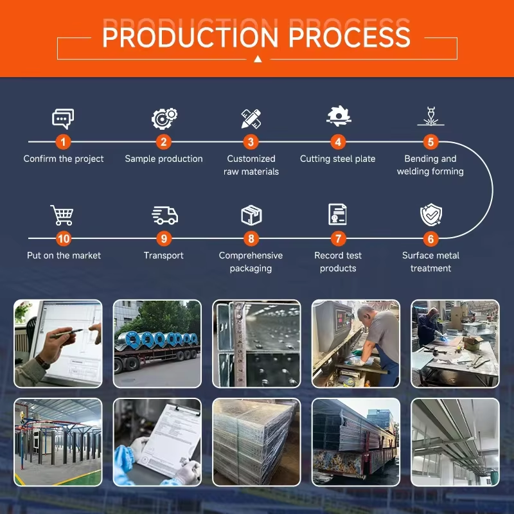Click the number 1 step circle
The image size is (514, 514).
(63, 142)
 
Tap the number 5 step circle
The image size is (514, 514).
(430, 142)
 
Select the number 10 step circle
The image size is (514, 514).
(63, 239)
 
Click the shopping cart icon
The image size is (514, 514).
(62, 215)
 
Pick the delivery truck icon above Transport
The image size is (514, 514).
(164, 215)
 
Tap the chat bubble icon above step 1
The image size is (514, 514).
(63, 119)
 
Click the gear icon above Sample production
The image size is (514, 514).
(164, 118)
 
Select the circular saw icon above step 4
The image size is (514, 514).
(338, 116)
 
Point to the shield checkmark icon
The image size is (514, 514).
(430, 215)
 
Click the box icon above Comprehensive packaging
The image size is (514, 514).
(251, 215)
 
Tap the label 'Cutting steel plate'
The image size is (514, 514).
(338, 159)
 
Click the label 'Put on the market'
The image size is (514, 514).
(64, 255)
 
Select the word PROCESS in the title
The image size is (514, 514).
(350, 37)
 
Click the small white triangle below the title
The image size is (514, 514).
(257, 59)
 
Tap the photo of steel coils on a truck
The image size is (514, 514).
(157, 344)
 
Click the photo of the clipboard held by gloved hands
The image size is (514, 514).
(157, 442)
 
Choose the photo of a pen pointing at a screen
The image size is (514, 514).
(58, 344)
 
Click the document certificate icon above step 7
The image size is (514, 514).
(338, 215)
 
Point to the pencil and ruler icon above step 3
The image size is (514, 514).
(251, 118)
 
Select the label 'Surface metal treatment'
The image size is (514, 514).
(430, 261)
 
